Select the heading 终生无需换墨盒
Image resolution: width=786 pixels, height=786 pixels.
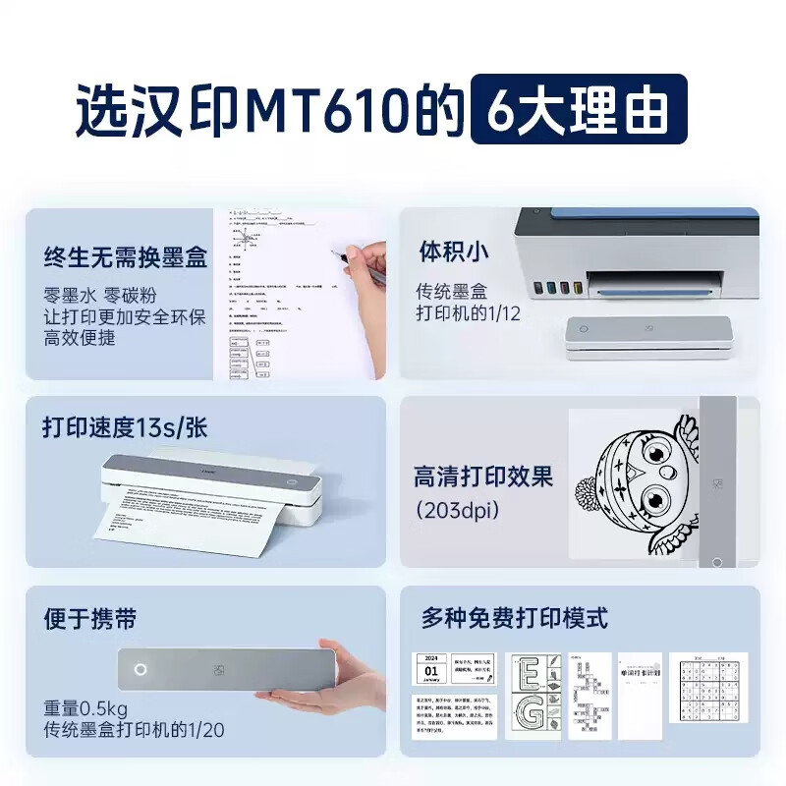tap(126, 258)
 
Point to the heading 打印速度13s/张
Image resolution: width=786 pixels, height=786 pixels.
tap(125, 428)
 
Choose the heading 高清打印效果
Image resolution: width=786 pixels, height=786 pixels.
tap(483, 477)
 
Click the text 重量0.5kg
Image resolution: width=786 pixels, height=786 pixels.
tap(85, 708)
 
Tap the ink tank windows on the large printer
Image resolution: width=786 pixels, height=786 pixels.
tap(558, 290)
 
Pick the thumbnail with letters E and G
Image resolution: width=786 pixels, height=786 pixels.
tap(533, 696)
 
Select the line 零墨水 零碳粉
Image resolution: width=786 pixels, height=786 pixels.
tap(100, 296)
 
